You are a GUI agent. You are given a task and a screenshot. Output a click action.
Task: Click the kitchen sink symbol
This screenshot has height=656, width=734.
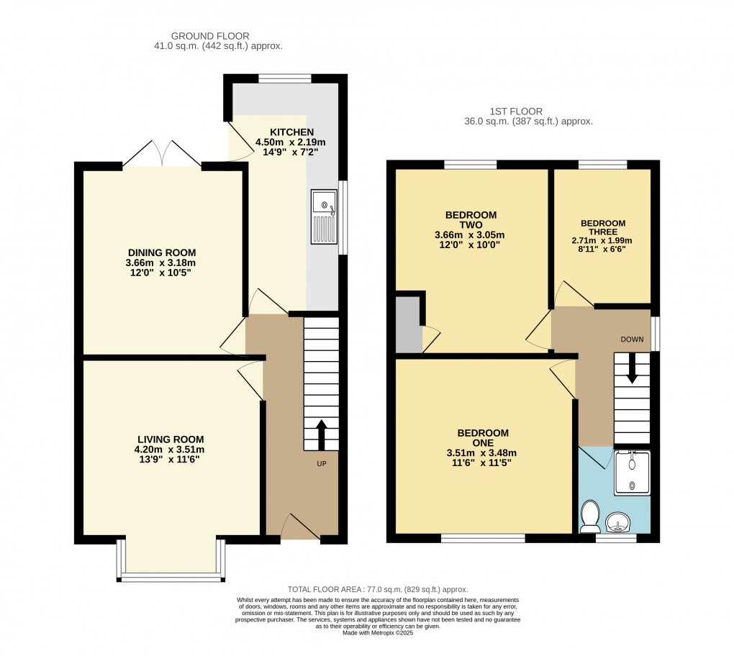pos(324,216)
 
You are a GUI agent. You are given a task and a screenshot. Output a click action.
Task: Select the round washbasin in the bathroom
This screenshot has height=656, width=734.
pos(617,520)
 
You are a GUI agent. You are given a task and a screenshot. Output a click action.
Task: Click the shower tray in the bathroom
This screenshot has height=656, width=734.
pos(632,473)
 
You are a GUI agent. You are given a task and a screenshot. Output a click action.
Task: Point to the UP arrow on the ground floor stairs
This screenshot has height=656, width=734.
pos(321,434)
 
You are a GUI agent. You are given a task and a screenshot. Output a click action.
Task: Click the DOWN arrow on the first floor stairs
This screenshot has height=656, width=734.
pos(633,368)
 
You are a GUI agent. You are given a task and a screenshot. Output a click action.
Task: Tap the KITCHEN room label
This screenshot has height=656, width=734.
pos(291,132)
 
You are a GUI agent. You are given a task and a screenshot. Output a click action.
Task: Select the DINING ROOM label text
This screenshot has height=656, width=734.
pos(162,252)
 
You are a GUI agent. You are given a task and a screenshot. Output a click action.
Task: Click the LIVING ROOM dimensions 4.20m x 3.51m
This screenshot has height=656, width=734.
pos(171,450)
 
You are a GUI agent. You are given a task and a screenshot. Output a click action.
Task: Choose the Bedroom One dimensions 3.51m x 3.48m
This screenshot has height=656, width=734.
pos(483,452)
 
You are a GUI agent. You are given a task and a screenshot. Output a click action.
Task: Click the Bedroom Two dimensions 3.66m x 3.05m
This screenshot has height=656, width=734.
pos(471,234)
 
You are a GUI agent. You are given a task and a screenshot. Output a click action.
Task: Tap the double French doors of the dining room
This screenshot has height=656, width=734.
pos(162,154)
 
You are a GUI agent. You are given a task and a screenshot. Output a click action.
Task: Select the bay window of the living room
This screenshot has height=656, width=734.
pos(171,576)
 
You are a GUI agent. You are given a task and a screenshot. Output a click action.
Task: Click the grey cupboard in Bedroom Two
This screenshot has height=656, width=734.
pos(408,324)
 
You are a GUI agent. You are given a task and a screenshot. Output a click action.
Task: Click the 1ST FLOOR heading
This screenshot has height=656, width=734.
pos(515,111)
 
